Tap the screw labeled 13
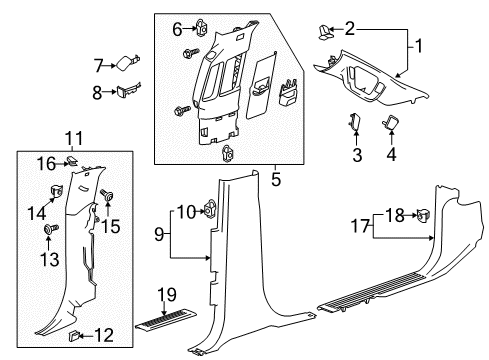click(48, 231)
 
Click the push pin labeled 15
click(106, 199)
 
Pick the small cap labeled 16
click(72, 162)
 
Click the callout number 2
click(349, 28)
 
